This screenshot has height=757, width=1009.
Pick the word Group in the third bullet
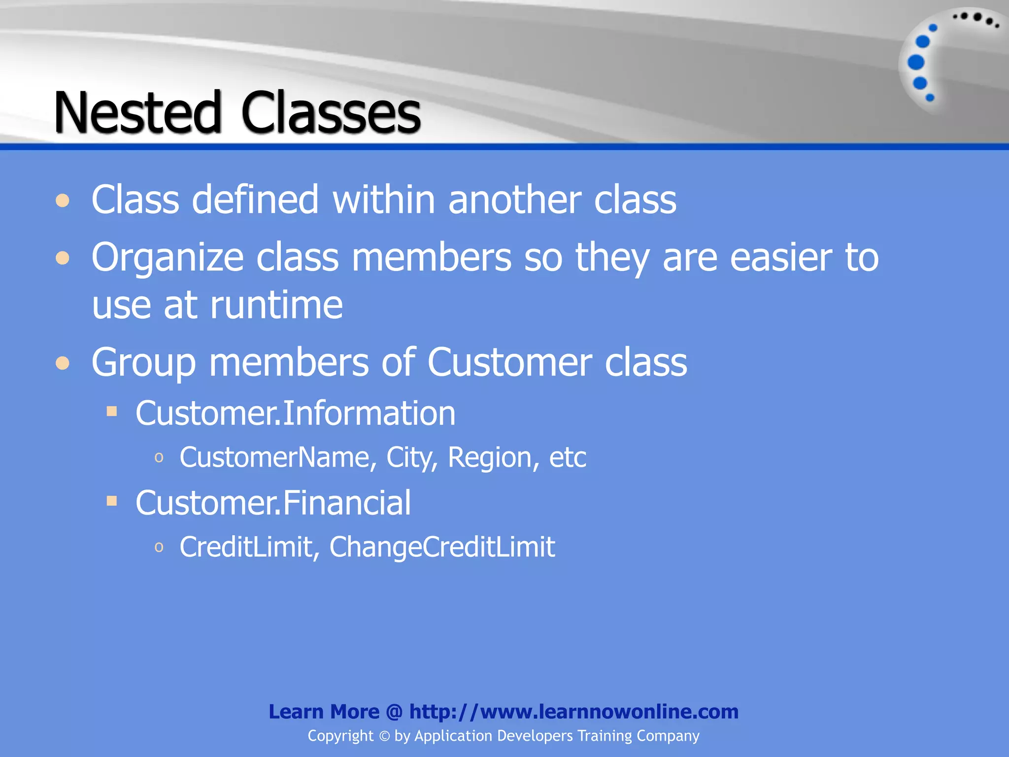143,363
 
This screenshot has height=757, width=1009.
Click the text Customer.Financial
273,503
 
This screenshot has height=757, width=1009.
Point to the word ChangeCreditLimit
442,547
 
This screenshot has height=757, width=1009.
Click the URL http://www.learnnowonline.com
574,712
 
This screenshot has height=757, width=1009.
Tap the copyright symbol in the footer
384,736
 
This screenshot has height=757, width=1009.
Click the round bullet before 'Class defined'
63,201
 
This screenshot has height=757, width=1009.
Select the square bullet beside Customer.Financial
112,501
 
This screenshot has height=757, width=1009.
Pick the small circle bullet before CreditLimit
159,547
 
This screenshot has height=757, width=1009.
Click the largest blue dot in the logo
916,63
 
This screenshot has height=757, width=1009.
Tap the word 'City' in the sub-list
412,457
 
